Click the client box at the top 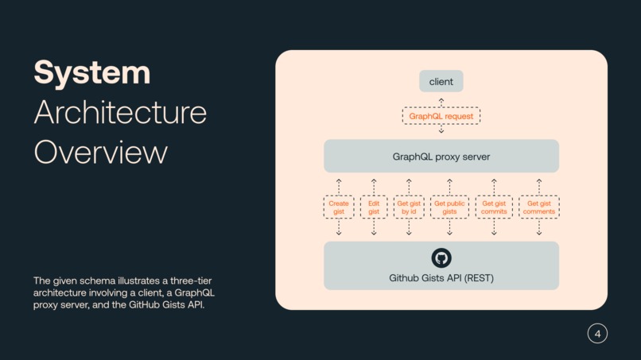pyautogui.click(x=441, y=81)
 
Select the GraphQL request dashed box pyautogui.click(x=441, y=116)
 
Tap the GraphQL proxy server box pyautogui.click(x=441, y=157)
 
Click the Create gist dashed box pyautogui.click(x=339, y=207)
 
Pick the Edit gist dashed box pyautogui.click(x=374, y=207)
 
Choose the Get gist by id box pyautogui.click(x=409, y=207)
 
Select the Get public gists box pyautogui.click(x=449, y=207)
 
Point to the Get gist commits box pyautogui.click(x=494, y=207)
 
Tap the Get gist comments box pyautogui.click(x=539, y=207)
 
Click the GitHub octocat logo pyautogui.click(x=441, y=257)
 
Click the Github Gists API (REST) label pyautogui.click(x=441, y=278)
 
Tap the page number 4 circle pyautogui.click(x=597, y=334)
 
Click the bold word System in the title pyautogui.click(x=91, y=72)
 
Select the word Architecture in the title pyautogui.click(x=120, y=112)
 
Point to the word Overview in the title pyautogui.click(x=100, y=152)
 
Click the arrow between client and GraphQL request pyautogui.click(x=441, y=101)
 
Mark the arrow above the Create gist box pyautogui.click(x=339, y=186)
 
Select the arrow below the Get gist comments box pyautogui.click(x=539, y=228)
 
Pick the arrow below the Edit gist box pyautogui.click(x=374, y=228)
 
